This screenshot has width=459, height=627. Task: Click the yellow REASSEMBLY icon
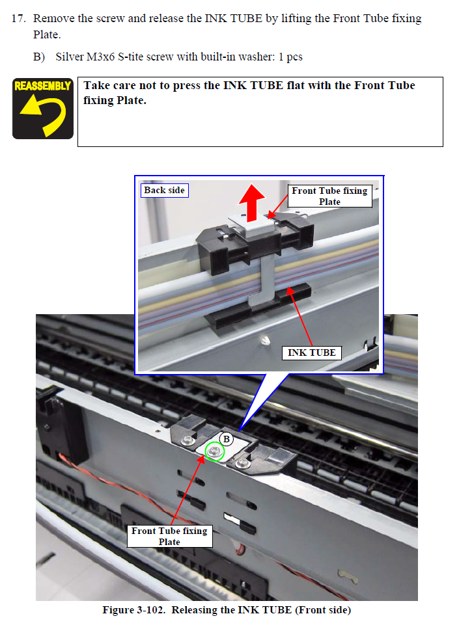[x=43, y=109]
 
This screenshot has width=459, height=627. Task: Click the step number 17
[x=18, y=18]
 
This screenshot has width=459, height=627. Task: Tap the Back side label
[x=164, y=191]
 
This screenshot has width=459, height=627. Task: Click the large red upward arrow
[x=252, y=202]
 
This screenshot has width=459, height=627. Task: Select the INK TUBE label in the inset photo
[x=312, y=353]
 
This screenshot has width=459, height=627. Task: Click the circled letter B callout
[x=227, y=439]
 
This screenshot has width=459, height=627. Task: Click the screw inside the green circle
[x=214, y=451]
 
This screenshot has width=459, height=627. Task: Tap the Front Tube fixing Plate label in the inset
[x=329, y=196]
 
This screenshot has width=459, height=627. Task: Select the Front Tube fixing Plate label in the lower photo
[x=169, y=536]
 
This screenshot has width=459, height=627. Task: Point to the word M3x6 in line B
[x=100, y=57]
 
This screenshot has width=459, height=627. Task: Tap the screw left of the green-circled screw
[x=188, y=441]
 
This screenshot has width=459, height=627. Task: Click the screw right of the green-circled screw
[x=243, y=464]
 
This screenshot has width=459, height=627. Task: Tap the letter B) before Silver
[x=39, y=57]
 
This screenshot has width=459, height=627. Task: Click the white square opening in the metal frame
[x=232, y=518]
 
